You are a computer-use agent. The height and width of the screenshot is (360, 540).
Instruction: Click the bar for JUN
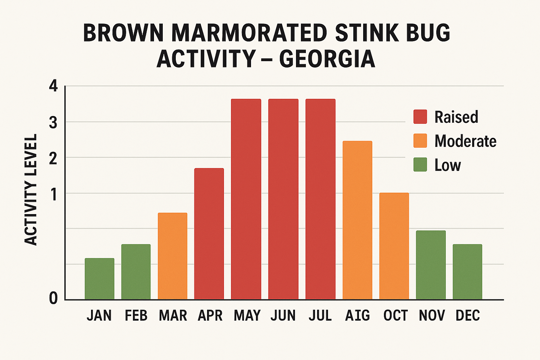(283, 199)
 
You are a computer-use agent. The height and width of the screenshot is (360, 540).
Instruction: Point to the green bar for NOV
(431, 265)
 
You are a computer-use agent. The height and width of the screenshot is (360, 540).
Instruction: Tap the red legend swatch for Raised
(420, 117)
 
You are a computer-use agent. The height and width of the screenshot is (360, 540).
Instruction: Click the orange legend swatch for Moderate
(420, 141)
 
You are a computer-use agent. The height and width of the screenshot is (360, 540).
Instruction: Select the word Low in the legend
(448, 165)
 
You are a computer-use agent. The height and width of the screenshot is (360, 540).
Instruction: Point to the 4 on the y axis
(53, 86)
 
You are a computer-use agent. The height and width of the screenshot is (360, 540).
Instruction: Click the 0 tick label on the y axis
(53, 298)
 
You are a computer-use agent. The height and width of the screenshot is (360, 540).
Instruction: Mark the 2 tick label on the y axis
(53, 159)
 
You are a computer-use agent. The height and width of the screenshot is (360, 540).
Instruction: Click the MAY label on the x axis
(247, 315)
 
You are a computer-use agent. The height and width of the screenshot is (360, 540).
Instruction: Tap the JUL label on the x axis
(320, 315)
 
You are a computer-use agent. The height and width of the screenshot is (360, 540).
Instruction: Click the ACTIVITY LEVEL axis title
(31, 189)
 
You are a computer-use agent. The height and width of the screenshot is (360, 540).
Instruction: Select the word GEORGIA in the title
(327, 59)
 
